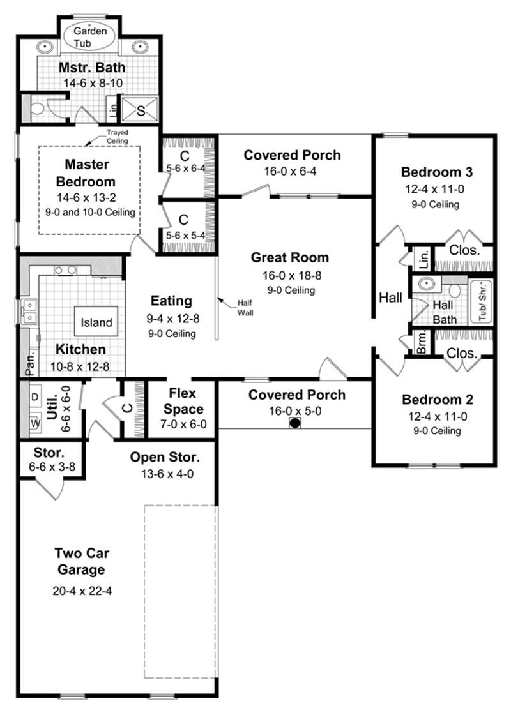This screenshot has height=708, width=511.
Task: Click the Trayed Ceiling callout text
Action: tap(118, 137)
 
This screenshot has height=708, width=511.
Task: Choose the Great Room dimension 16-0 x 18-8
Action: tap(289, 275)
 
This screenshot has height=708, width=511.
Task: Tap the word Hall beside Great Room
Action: tap(390, 297)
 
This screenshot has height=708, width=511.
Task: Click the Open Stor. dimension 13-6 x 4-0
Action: tap(165, 474)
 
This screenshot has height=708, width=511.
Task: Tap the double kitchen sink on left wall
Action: tap(28, 312)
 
